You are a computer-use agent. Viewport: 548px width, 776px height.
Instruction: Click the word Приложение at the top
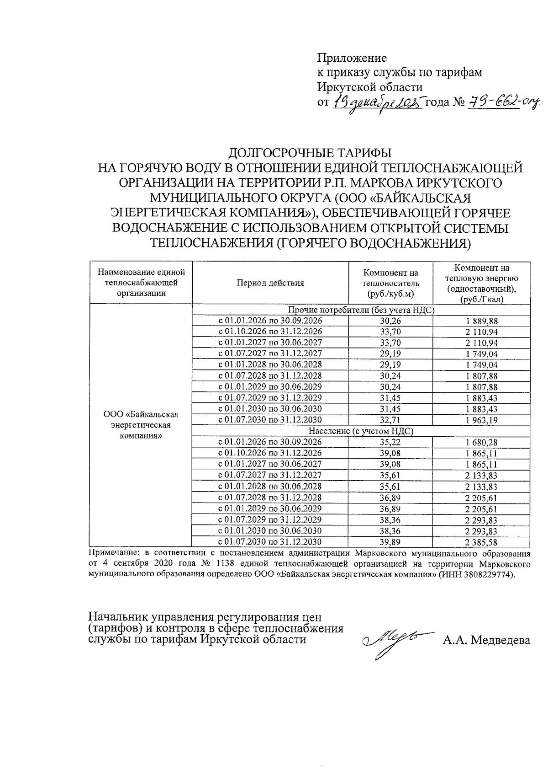[x=352, y=58]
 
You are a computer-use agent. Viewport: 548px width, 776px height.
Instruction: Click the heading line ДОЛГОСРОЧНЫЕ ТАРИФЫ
[x=310, y=152]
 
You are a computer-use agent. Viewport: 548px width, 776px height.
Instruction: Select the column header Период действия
[x=270, y=283]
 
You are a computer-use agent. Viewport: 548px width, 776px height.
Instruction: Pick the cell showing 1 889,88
[x=481, y=321]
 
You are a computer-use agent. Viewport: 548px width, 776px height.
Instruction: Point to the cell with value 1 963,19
[x=481, y=420]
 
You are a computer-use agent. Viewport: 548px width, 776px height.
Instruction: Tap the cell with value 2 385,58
[x=481, y=542]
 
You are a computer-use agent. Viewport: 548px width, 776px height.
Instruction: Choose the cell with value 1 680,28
[x=481, y=442]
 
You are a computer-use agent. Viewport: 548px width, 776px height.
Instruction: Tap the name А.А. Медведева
[x=486, y=640]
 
